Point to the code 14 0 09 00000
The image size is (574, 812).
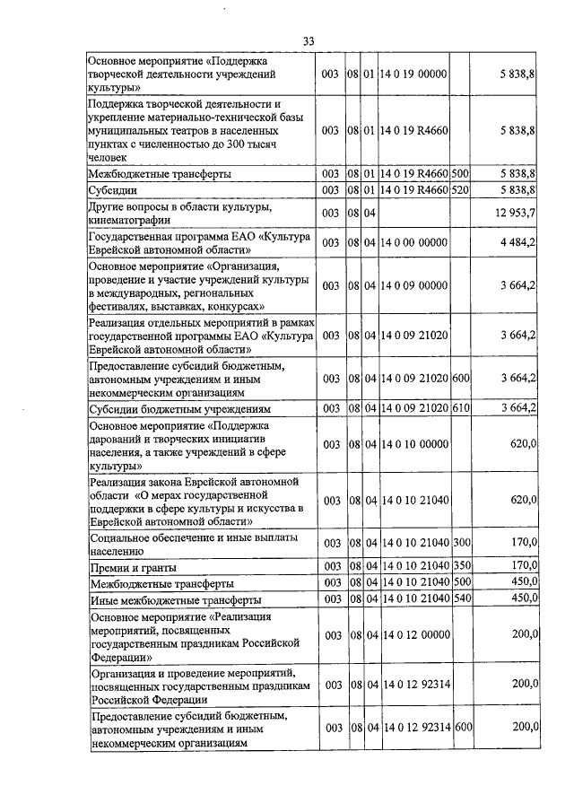[x=413, y=285]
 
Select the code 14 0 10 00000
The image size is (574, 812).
[x=413, y=443]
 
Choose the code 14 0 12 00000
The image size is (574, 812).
[x=413, y=635]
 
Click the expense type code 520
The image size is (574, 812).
[x=461, y=190]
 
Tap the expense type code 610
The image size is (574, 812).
[x=461, y=408]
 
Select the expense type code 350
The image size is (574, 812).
[x=461, y=566]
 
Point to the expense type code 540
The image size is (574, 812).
[x=461, y=598]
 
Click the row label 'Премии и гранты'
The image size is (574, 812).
[x=133, y=567]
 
